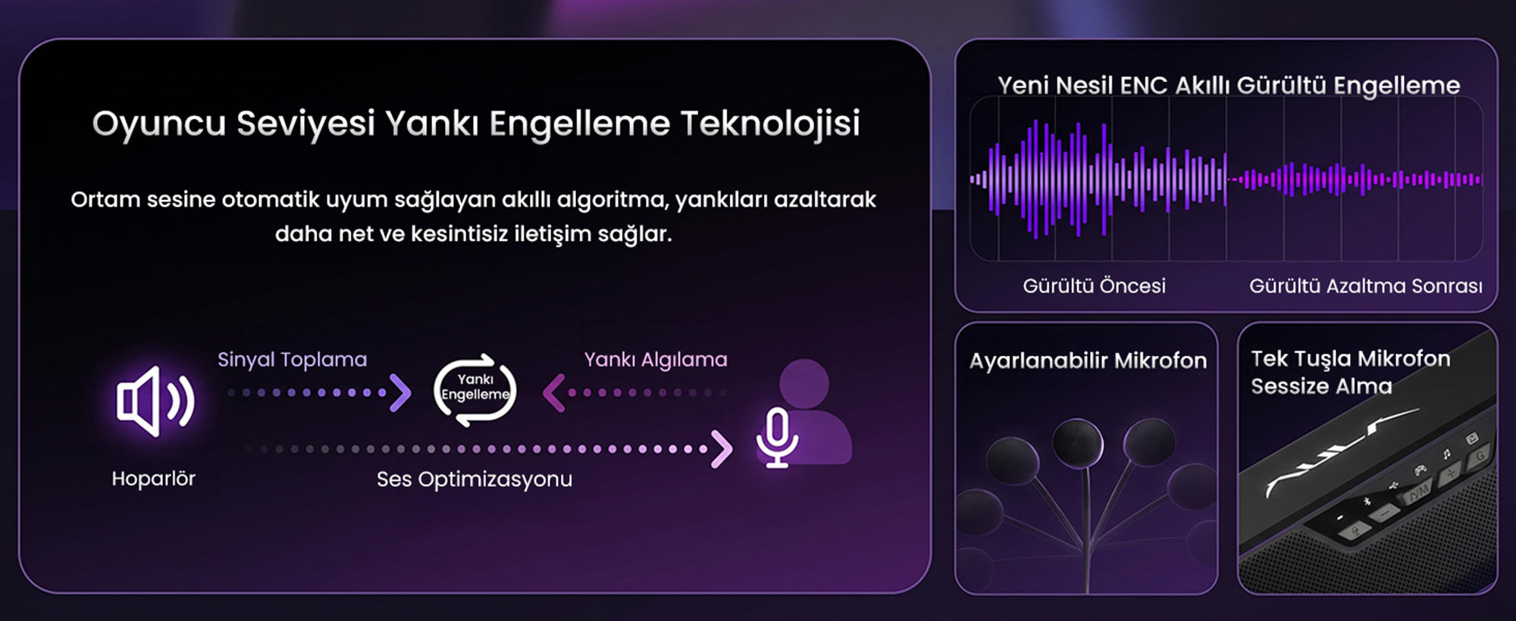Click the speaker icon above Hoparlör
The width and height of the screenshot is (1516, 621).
tap(155, 401)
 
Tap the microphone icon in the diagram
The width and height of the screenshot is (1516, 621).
tap(777, 438)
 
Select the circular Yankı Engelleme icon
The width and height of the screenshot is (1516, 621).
tap(475, 389)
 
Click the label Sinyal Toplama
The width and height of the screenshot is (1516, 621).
tap(292, 360)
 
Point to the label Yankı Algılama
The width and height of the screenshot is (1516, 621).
tap(656, 360)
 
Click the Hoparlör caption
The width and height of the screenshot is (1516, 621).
tap(153, 479)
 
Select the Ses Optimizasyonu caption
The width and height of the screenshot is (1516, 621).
tap(475, 479)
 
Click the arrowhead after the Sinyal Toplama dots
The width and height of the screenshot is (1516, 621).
tap(399, 393)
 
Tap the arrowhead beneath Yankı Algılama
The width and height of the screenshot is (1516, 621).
tap(554, 393)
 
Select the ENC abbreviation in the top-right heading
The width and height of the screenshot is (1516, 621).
tap(1143, 86)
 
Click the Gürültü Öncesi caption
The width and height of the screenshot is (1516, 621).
tap(1094, 286)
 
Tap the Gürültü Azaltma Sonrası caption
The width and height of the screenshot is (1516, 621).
tap(1366, 286)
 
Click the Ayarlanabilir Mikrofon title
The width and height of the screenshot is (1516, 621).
tap(1088, 360)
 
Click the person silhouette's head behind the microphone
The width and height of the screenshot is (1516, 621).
tap(803, 383)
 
